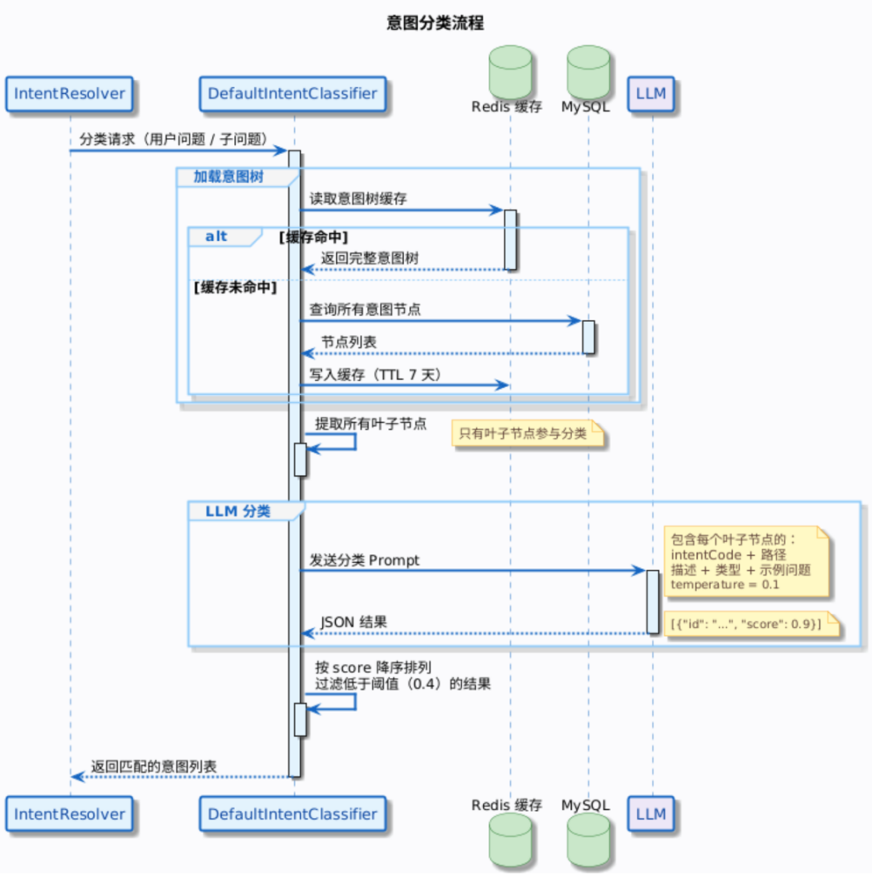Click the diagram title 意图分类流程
tap(435, 23)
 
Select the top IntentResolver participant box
tap(70, 94)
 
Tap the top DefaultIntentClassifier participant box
tap(292, 94)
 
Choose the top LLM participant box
tap(651, 94)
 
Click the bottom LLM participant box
tap(651, 814)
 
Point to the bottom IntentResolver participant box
tap(70, 814)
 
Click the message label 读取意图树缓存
tap(358, 198)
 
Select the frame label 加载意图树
tap(229, 177)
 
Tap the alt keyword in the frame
tap(217, 236)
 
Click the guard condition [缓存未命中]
tap(234, 288)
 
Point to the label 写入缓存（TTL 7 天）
tap(375, 374)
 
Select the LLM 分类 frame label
tap(238, 511)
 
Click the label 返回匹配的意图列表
tap(153, 767)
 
